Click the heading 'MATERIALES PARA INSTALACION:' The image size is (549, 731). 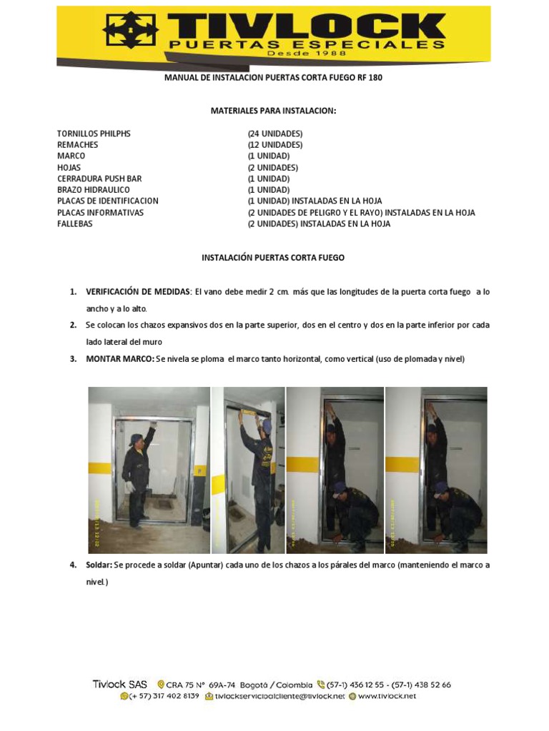[273, 111]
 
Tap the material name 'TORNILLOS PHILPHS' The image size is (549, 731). [94, 133]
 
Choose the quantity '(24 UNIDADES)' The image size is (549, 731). [275, 133]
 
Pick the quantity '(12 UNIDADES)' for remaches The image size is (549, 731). [275, 145]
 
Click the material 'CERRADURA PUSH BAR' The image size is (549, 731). [99, 178]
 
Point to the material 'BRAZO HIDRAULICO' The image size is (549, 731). [93, 190]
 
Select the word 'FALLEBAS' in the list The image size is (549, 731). [74, 223]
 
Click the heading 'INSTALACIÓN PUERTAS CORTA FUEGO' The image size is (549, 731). [274, 258]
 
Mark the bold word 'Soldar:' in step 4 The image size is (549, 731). [99, 565]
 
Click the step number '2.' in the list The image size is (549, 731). [73, 326]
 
